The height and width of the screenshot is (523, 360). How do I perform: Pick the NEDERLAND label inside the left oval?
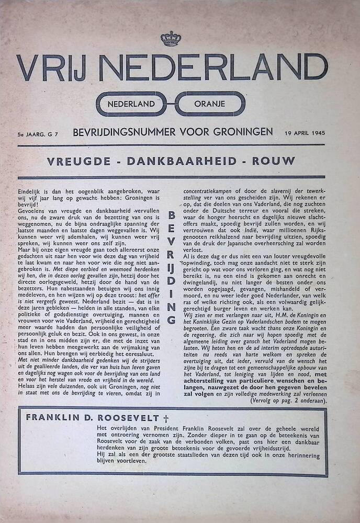tap(131, 104)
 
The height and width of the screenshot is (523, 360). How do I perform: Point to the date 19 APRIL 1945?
tap(305, 133)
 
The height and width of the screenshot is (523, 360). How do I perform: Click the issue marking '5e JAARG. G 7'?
tap(37, 134)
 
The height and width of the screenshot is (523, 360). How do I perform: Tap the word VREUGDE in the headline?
tap(78, 161)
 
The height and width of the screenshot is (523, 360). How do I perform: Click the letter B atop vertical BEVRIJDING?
tap(173, 215)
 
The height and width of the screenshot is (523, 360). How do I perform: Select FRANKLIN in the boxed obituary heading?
tap(52, 418)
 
